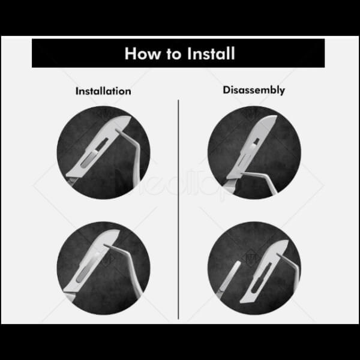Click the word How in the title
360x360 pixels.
point(143,54)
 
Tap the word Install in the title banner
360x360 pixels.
point(211,53)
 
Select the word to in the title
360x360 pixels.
point(174,55)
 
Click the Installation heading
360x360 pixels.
point(103,91)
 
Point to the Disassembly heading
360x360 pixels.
point(254,90)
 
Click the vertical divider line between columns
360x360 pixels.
point(178,209)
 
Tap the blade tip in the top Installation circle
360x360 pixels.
point(130,118)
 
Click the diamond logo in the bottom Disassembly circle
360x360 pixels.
point(251,258)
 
